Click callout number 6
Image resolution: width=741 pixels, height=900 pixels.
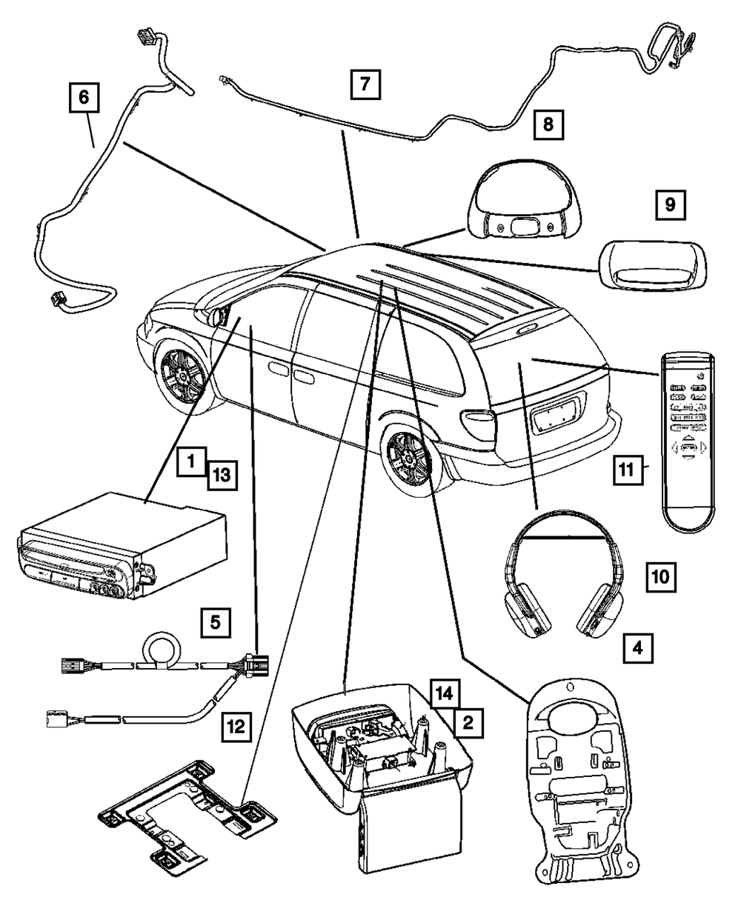click(83, 96)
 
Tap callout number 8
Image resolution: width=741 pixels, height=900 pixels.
click(548, 124)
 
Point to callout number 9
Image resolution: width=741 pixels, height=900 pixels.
click(670, 206)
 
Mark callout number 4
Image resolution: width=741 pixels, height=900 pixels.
click(638, 647)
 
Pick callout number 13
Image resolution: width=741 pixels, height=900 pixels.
click(222, 473)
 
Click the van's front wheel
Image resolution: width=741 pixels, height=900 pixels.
click(180, 370)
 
